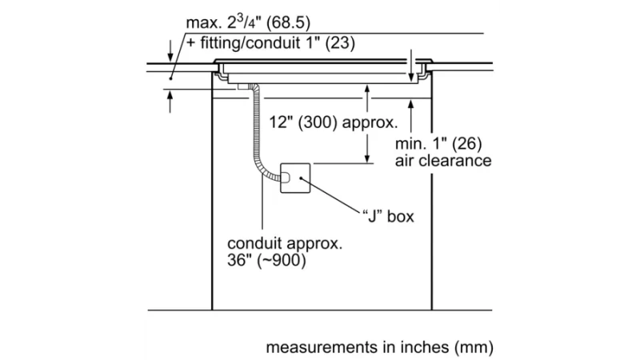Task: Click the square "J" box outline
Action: click(x=295, y=164)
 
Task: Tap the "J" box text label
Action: click(x=388, y=216)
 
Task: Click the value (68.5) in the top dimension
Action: click(x=288, y=22)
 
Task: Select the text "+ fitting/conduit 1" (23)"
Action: click(x=271, y=43)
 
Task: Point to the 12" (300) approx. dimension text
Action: click(x=333, y=122)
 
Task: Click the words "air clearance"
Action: click(x=443, y=161)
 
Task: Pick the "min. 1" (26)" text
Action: click(x=438, y=144)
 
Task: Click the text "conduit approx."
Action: click(x=285, y=243)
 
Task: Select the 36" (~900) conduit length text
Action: click(x=266, y=261)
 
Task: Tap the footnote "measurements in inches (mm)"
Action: click(x=379, y=347)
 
